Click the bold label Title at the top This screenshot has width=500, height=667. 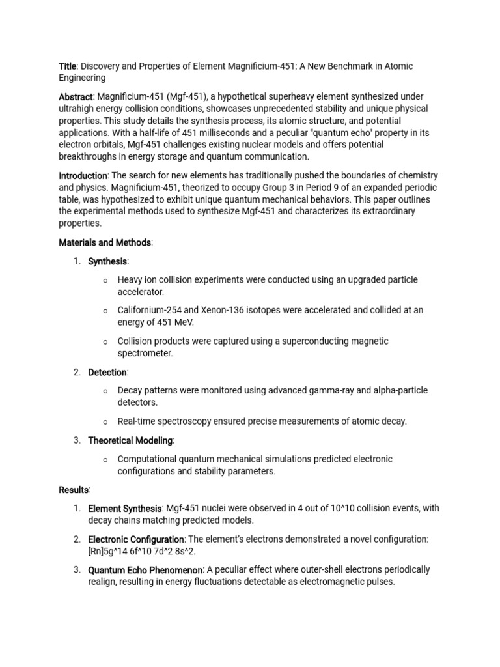(68, 66)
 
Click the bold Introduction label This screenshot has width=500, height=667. (83, 176)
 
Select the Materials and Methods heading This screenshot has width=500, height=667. (105, 242)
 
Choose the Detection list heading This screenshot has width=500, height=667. (107, 372)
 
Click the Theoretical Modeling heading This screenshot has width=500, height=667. (130, 440)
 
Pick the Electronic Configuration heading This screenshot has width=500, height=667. (136, 539)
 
